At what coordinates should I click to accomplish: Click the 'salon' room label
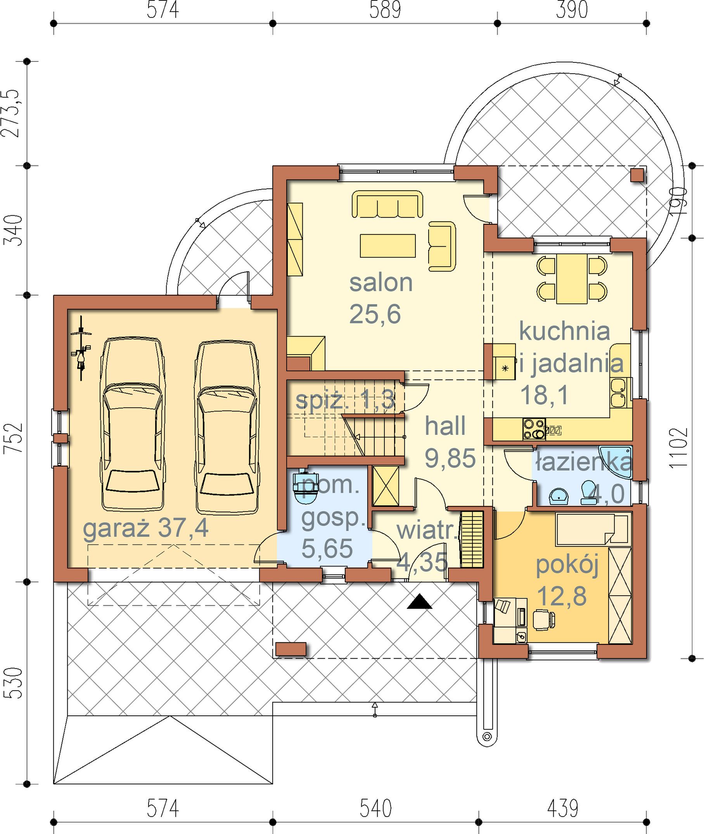(381, 283)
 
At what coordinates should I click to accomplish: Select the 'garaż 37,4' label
(146, 529)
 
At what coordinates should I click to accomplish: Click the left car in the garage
(133, 424)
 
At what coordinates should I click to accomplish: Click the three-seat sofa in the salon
(387, 204)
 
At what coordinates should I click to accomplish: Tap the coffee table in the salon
(387, 246)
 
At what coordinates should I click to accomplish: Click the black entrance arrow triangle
(419, 601)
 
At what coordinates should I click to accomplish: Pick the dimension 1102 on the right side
(678, 448)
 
